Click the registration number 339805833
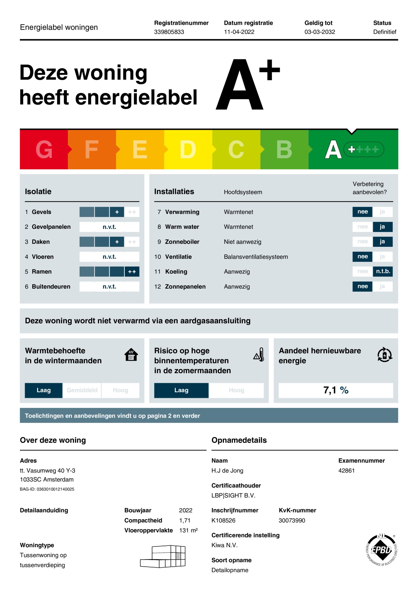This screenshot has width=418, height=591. (169, 32)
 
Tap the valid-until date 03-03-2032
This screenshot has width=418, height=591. (320, 32)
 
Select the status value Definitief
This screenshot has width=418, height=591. (384, 32)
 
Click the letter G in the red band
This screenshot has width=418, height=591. (44, 149)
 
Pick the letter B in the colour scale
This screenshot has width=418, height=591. (284, 149)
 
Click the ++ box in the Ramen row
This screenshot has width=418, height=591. (132, 272)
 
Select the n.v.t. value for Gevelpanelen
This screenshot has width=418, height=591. (109, 227)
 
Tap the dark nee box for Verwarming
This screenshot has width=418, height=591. (362, 212)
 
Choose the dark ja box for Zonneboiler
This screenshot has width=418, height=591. (382, 242)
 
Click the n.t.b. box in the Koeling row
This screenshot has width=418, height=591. (383, 271)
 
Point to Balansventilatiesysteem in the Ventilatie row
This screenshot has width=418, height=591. (256, 257)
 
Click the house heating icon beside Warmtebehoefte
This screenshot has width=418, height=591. (131, 355)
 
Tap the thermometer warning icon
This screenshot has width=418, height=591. (259, 355)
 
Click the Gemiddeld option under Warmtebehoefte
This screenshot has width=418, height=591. (82, 390)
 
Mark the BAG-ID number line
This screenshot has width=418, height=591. (47, 489)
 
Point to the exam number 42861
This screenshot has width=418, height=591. (346, 471)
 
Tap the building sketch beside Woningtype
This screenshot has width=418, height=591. (163, 556)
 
